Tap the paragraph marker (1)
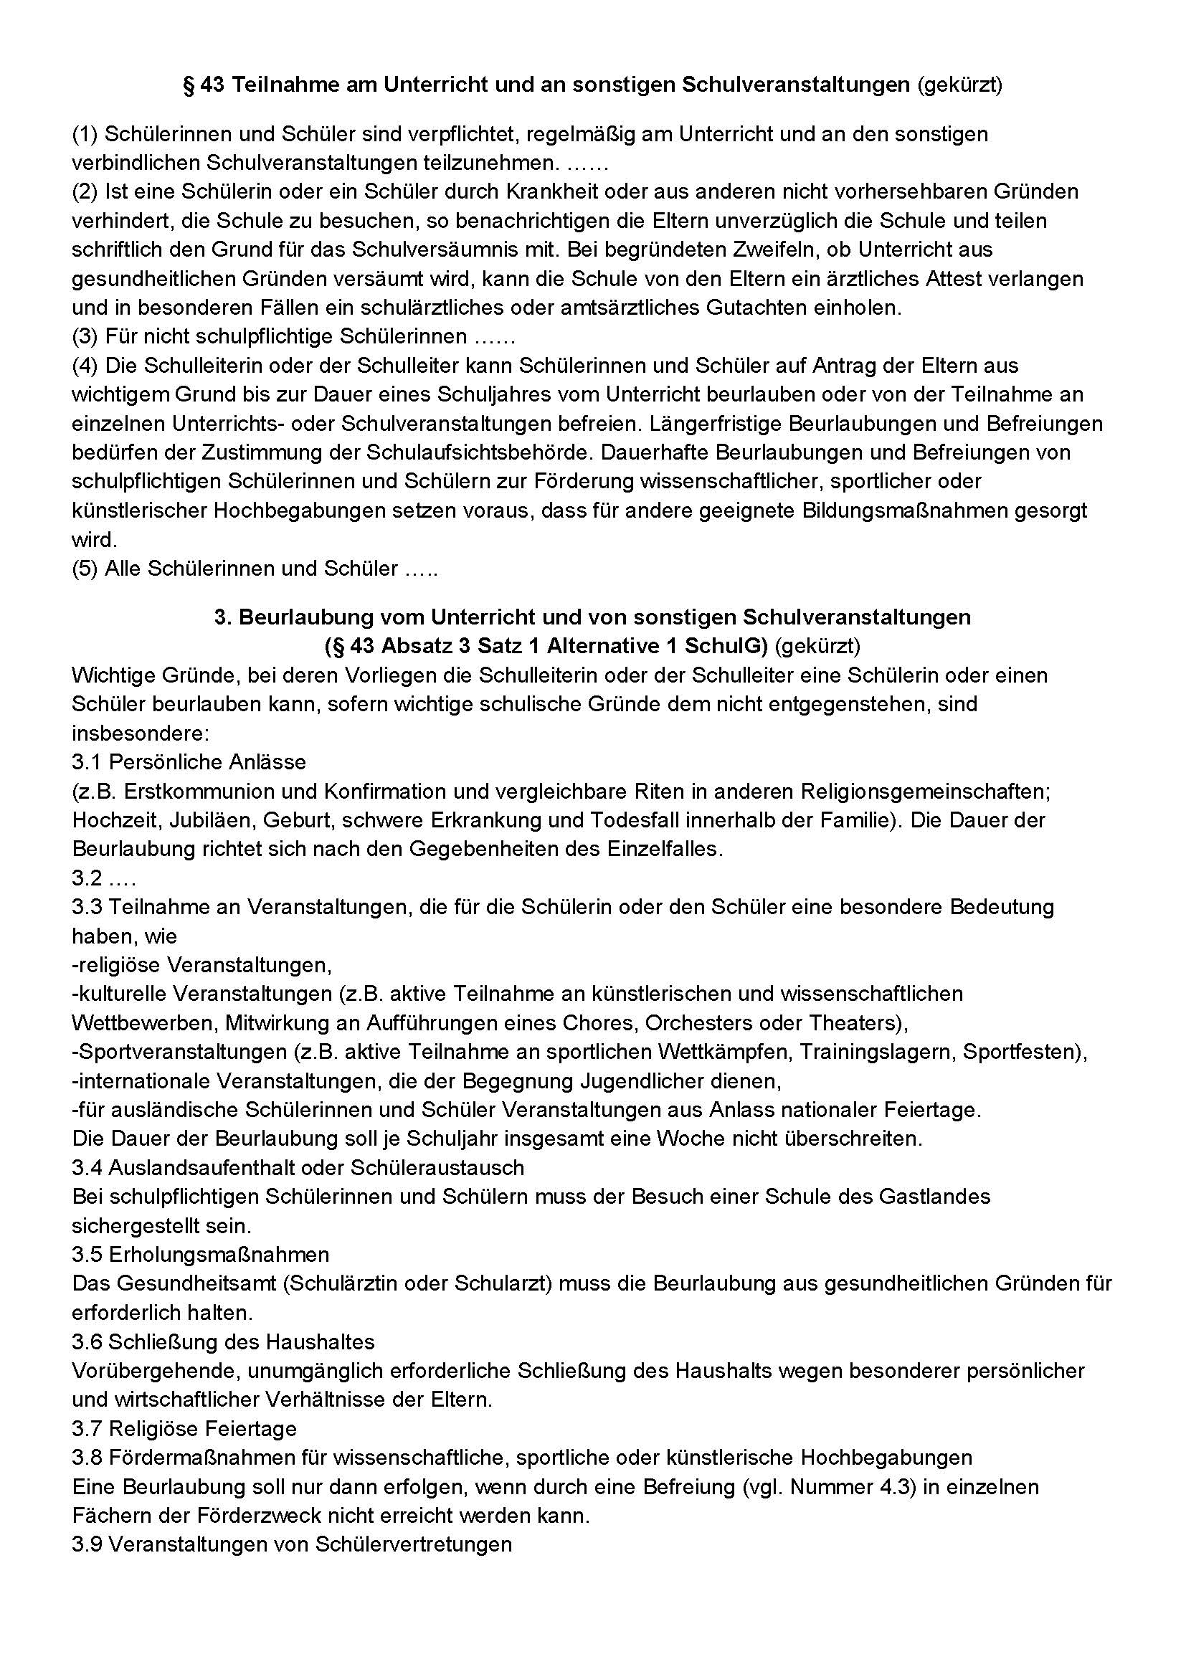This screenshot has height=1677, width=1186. (x=85, y=133)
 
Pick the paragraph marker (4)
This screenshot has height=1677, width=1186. (x=85, y=365)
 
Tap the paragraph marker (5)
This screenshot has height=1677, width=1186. (x=85, y=569)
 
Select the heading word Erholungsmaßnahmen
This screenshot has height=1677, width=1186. (x=219, y=1254)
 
